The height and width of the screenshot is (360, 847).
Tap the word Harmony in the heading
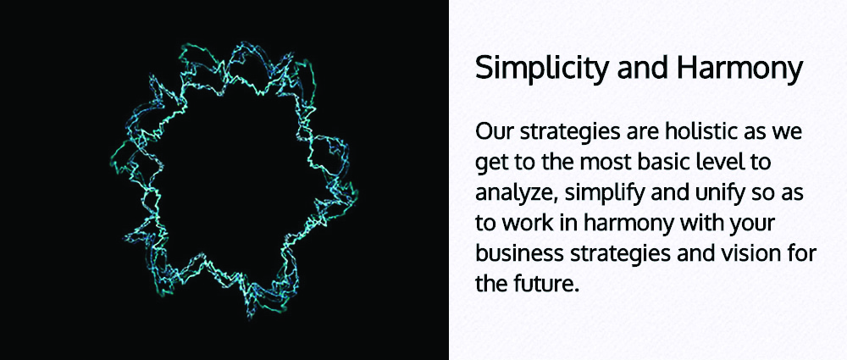pos(738,69)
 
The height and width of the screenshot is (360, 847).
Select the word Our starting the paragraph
pos(494,131)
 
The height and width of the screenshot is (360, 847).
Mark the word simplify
pos(599,194)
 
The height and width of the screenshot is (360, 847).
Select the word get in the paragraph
pos(488,164)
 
